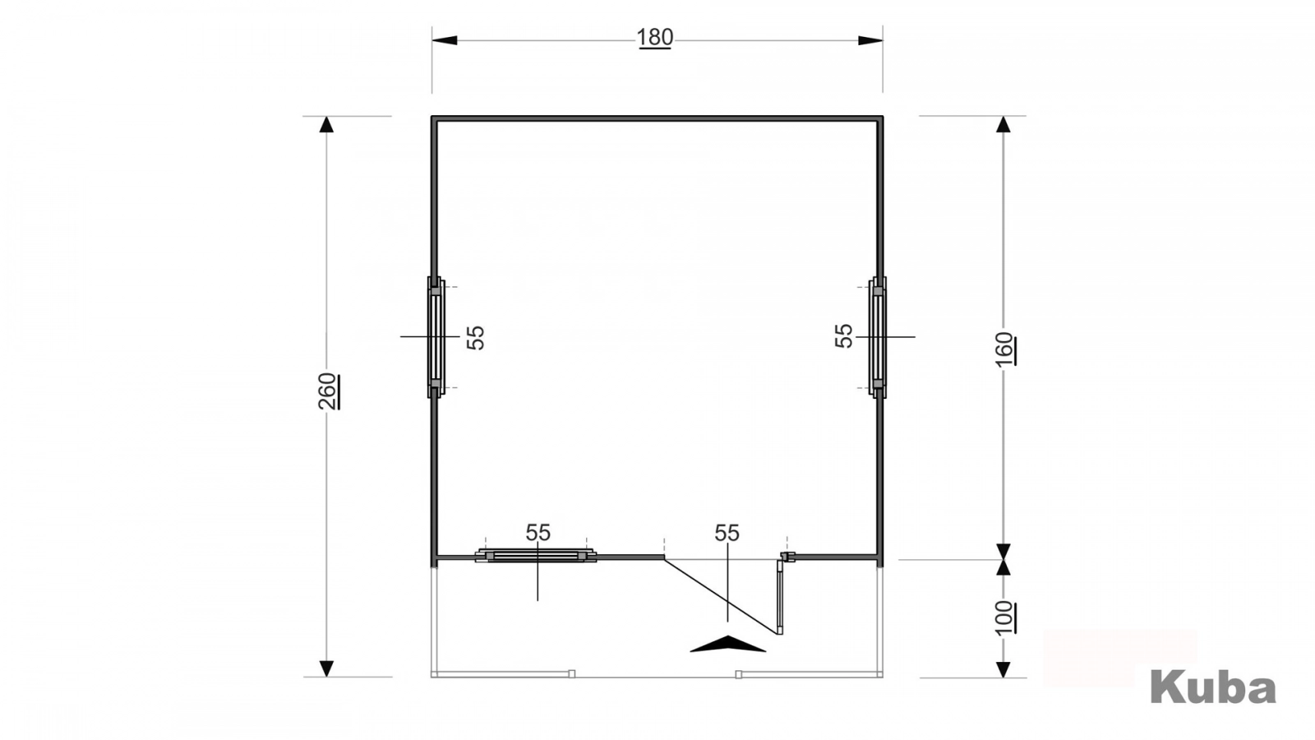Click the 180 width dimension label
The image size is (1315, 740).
(654, 38)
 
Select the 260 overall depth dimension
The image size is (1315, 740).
(328, 391)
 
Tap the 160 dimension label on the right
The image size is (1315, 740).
(1004, 349)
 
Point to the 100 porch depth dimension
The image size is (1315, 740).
(1004, 617)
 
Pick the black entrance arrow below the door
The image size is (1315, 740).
(728, 644)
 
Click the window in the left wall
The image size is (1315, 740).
(435, 338)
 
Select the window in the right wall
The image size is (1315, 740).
(878, 338)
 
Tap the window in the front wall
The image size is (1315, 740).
(536, 556)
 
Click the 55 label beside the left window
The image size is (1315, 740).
(476, 338)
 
